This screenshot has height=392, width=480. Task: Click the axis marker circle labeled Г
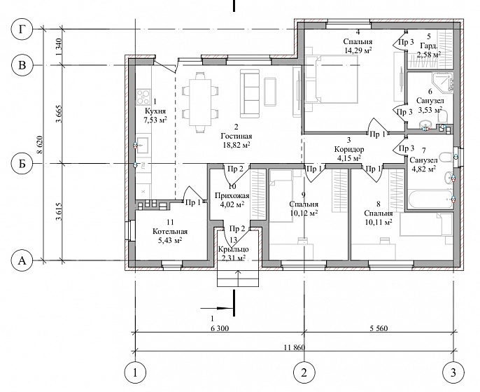[22, 29]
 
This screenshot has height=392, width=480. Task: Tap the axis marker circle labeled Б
[22, 164]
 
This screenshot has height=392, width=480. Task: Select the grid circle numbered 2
[304, 372]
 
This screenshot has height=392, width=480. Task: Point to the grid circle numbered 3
[453, 372]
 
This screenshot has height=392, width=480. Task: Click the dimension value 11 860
[295, 347]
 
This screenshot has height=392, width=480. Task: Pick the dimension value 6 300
[220, 328]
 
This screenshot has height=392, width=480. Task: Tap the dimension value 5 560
[379, 328]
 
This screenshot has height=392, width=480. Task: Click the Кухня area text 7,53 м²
[155, 120]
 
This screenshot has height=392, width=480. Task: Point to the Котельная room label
[170, 232]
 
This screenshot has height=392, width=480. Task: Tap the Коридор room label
[349, 150]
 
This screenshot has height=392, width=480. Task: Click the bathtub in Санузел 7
[430, 199]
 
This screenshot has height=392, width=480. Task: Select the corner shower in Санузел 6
[443, 82]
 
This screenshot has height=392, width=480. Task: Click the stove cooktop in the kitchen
[143, 97]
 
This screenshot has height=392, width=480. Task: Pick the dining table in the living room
[200, 102]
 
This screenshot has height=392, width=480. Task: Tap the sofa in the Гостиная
[250, 93]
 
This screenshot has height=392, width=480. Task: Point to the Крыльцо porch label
[233, 249]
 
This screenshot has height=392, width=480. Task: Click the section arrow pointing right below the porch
[217, 308]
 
